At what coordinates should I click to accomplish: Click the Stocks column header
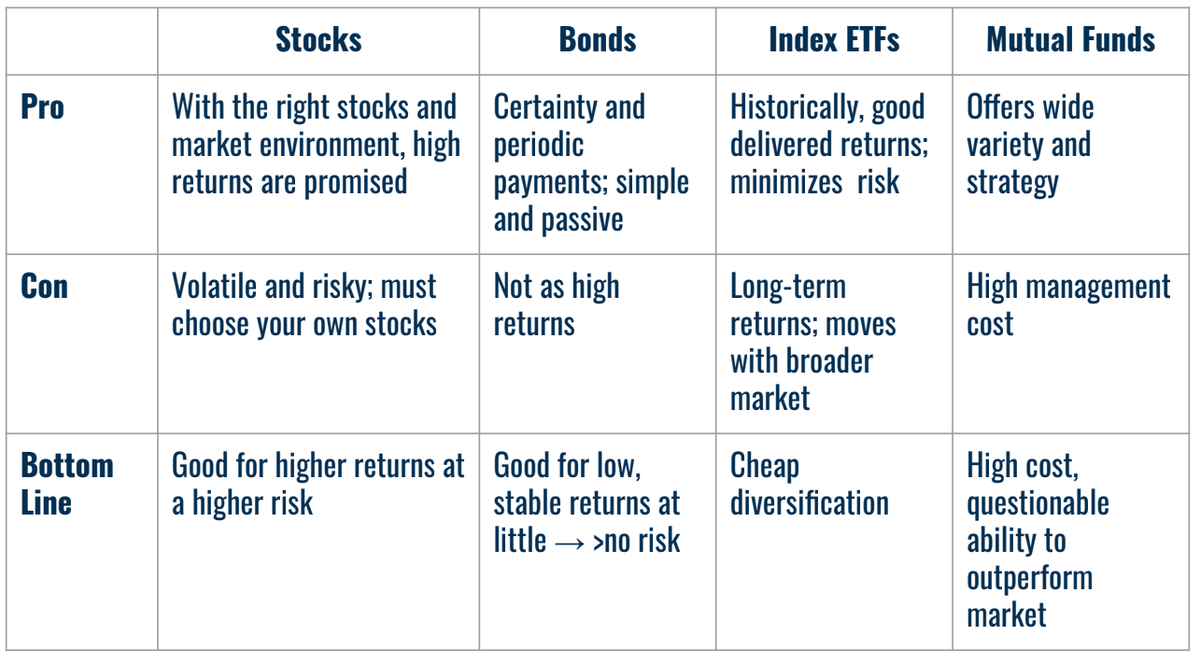click(318, 39)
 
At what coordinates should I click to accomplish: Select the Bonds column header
click(598, 39)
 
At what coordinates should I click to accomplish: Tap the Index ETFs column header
click(834, 39)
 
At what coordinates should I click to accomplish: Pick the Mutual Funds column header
click(1070, 39)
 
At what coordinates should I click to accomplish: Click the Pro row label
click(42, 106)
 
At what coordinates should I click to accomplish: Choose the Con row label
click(44, 286)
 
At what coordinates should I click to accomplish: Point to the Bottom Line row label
click(66, 484)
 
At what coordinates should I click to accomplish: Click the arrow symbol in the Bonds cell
click(570, 542)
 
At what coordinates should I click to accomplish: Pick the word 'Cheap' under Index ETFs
click(764, 465)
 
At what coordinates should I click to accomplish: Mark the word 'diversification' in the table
click(809, 502)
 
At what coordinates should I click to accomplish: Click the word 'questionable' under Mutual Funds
click(1038, 504)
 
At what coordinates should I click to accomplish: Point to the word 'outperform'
click(1029, 579)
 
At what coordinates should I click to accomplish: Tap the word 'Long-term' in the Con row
click(787, 287)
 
